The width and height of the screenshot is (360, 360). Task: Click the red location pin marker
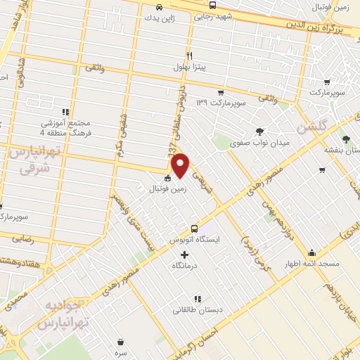[x=181, y=165]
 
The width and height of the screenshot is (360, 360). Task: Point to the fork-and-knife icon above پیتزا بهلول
[x=189, y=56]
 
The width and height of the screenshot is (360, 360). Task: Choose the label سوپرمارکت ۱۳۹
[x=221, y=103]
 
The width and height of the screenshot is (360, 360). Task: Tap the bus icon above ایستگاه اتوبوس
[x=195, y=229]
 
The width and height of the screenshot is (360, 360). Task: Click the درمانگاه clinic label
[x=185, y=266]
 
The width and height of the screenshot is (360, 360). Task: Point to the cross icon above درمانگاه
[x=185, y=255]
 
